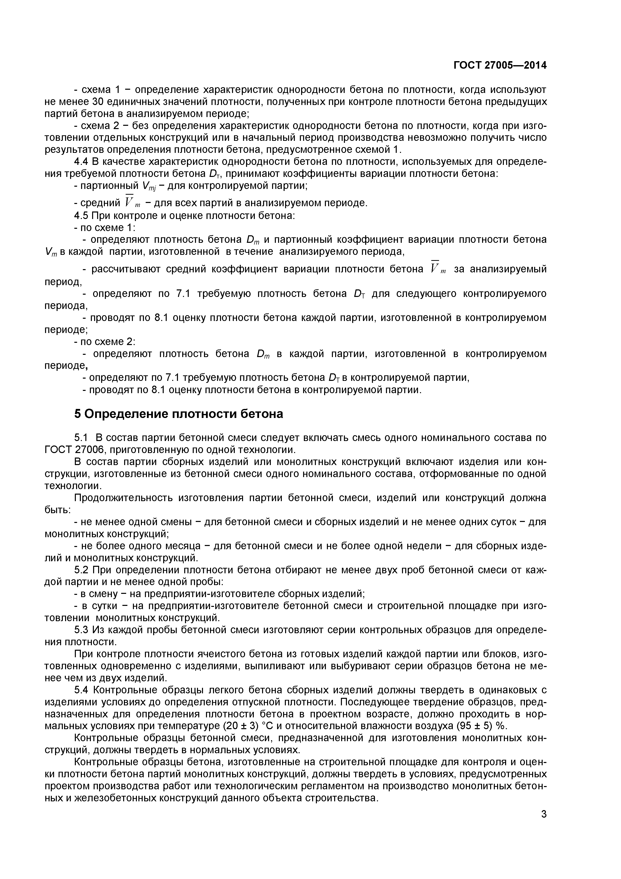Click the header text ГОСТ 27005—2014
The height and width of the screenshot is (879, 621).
coord(500,65)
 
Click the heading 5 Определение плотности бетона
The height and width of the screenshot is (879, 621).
coord(178,414)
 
